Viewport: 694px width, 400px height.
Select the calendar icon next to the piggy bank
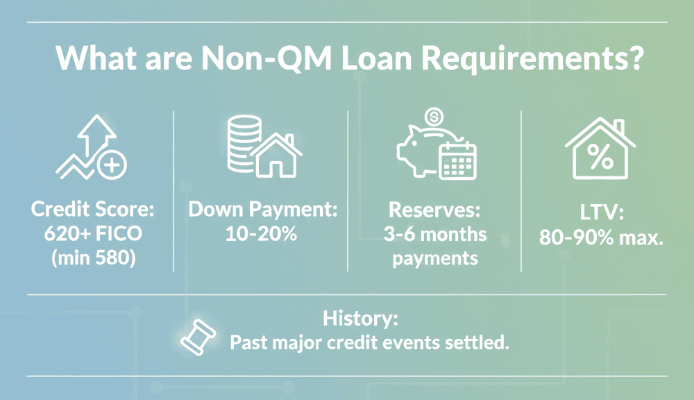(x=457, y=161)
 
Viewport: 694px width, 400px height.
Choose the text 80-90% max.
(x=601, y=237)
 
